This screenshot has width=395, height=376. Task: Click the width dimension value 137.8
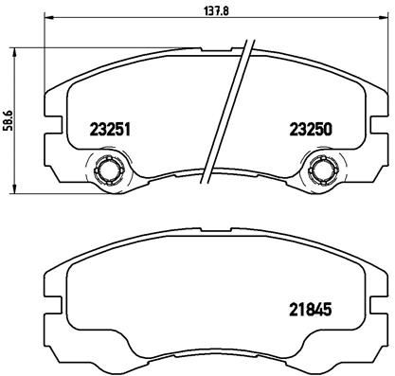coord(216,10)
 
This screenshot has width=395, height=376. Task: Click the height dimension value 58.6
coord(8,120)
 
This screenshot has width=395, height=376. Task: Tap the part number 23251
coord(110,130)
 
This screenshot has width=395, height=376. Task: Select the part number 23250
coord(311,130)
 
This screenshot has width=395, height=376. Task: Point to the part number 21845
coord(311,310)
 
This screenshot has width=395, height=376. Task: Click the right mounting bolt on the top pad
coord(324,170)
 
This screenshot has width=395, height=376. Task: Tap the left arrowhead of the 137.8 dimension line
coord(48,17)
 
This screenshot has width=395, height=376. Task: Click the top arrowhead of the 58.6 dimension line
coord(13,52)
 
